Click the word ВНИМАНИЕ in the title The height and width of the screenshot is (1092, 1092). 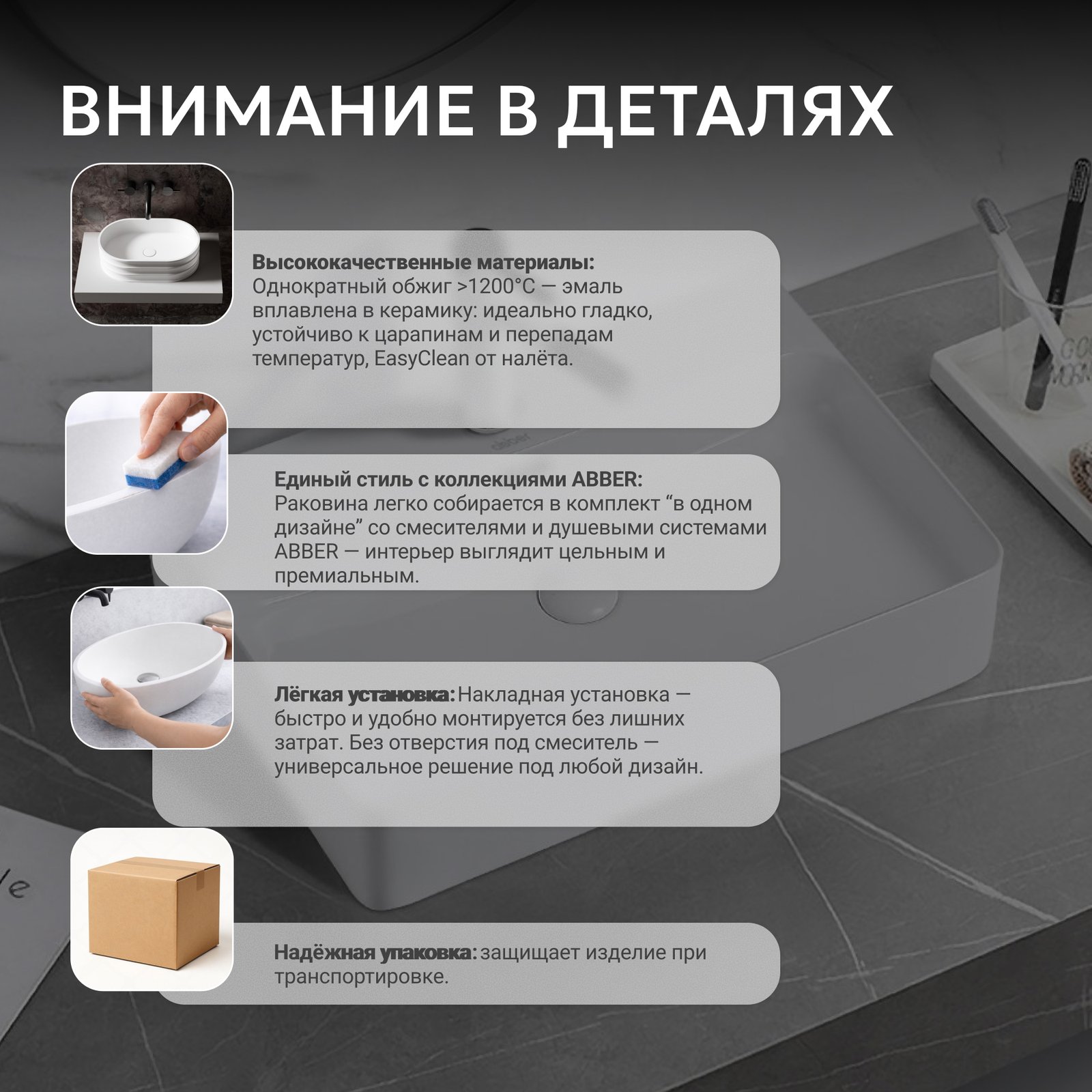click(266, 111)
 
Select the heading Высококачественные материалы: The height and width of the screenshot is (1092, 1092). click(423, 262)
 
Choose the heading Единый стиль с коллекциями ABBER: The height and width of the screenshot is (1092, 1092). click(458, 479)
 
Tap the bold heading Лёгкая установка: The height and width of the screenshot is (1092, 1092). click(364, 695)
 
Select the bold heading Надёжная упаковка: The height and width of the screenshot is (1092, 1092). click(376, 953)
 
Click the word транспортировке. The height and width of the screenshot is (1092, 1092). click(362, 977)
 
